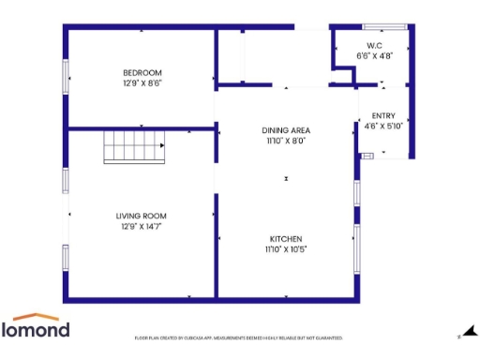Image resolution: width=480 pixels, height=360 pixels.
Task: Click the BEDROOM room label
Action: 142,73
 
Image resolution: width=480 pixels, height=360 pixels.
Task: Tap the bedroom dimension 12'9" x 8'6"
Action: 142,82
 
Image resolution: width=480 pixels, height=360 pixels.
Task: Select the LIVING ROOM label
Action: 142,216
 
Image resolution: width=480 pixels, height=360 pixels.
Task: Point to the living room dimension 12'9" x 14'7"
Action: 142,226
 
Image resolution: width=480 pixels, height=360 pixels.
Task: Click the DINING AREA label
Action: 286,130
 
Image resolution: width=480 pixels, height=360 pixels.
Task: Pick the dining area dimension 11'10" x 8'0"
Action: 286,141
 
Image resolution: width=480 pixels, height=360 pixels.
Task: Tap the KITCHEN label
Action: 286,238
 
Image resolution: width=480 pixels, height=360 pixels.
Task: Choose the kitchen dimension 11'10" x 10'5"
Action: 286,248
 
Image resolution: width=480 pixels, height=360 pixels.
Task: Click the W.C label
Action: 374,46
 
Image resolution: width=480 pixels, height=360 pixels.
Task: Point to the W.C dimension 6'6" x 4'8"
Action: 374,56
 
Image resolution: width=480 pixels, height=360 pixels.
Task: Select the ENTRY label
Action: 383,115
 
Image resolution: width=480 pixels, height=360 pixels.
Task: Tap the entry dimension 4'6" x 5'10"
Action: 383,126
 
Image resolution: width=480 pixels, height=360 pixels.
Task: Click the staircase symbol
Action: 133,147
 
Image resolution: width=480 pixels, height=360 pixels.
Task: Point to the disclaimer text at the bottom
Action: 239,337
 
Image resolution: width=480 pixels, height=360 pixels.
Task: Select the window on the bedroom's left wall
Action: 66,76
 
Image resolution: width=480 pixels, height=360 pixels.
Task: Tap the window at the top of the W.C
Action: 380,26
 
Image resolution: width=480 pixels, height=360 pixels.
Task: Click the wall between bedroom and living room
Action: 141,127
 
